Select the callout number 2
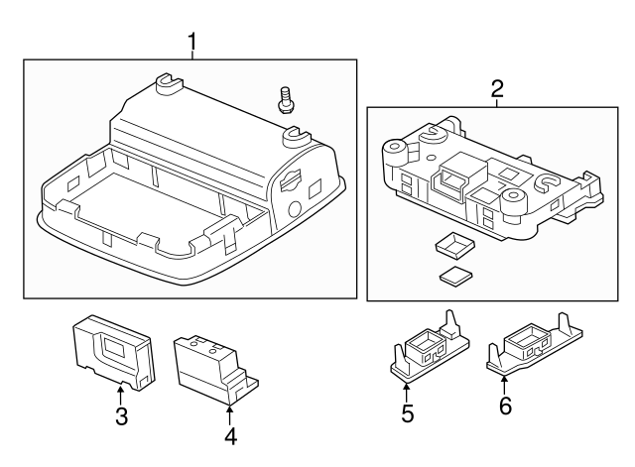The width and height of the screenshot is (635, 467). (497, 89)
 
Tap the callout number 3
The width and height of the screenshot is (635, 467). (121, 416)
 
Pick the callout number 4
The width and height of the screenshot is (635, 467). (230, 436)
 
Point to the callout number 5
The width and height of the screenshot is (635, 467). (407, 414)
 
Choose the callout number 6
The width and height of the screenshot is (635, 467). (505, 406)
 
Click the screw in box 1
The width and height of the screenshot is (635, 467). (286, 99)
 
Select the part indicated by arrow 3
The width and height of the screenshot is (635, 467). (114, 352)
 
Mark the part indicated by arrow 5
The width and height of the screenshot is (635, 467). (430, 347)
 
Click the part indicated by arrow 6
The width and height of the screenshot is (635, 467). (535, 344)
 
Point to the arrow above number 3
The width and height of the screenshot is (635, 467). (120, 396)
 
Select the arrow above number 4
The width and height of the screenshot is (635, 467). (229, 414)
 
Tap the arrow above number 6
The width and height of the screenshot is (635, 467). (504, 386)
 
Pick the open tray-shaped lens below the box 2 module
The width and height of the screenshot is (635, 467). (454, 245)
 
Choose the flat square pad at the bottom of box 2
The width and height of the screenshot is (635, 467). (456, 278)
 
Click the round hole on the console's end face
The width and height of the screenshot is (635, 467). (294, 208)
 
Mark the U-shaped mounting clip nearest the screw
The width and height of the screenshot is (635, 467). (296, 137)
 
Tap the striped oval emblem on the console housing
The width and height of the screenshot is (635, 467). (292, 178)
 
